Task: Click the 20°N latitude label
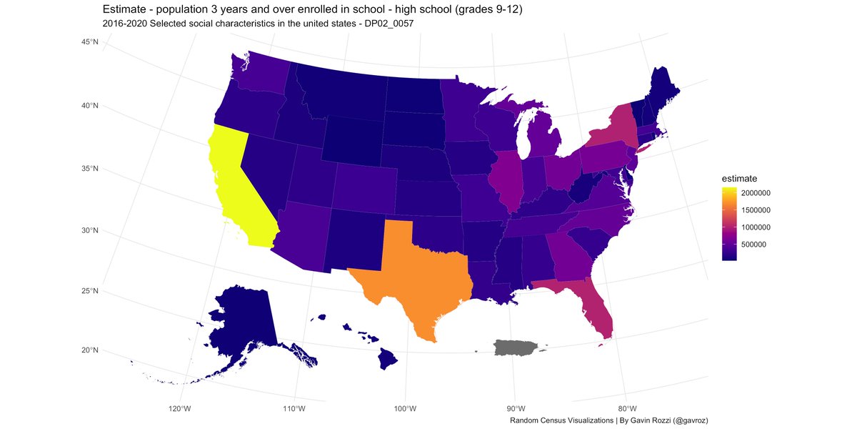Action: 89,350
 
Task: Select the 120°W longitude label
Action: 179,408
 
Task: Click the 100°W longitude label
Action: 406,408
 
